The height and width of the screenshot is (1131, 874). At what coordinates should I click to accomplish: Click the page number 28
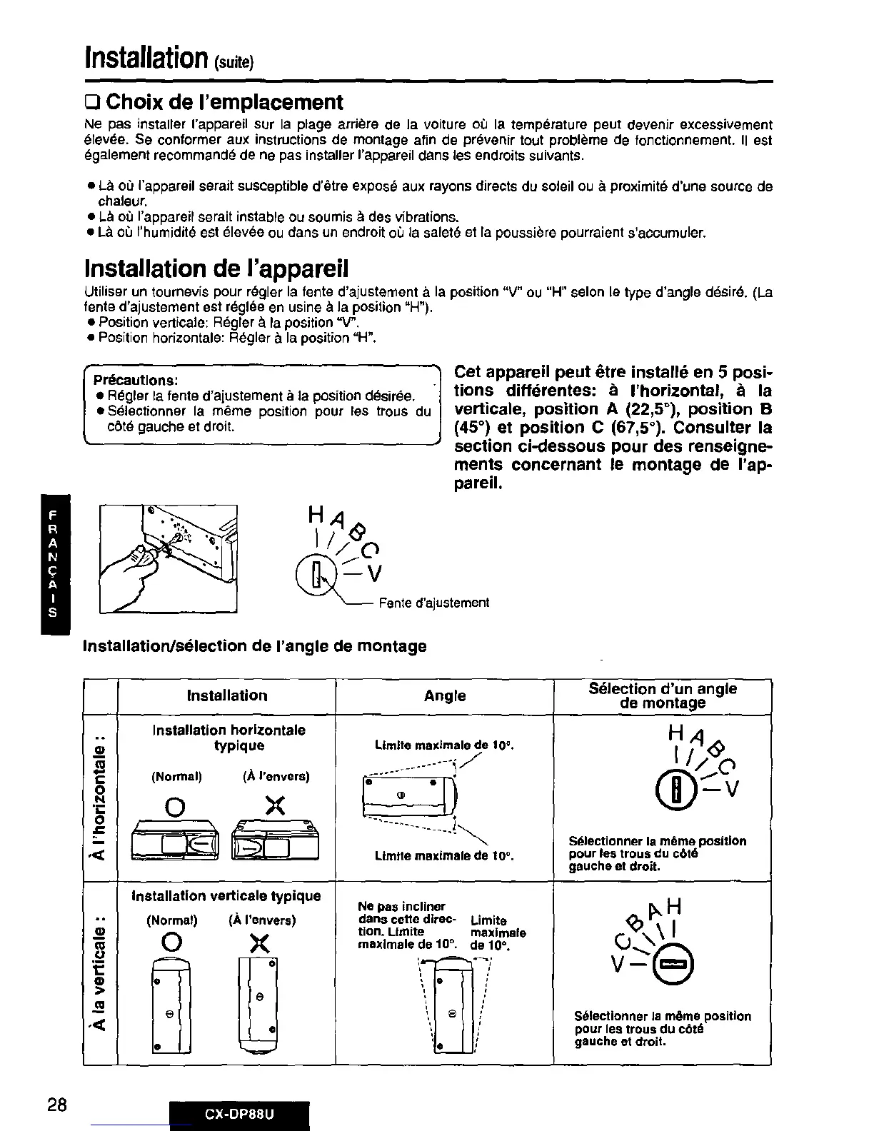pyautogui.click(x=57, y=1105)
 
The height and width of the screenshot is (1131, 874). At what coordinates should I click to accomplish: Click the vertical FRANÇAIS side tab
pyautogui.click(x=54, y=563)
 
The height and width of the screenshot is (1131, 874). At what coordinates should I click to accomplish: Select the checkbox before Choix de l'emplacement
pyautogui.click(x=92, y=102)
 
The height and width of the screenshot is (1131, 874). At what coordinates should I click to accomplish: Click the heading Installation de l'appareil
pyautogui.click(x=216, y=269)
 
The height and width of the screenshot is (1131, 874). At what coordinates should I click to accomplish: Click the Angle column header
pyautogui.click(x=444, y=695)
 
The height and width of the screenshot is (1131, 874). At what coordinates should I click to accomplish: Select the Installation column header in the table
pyautogui.click(x=227, y=695)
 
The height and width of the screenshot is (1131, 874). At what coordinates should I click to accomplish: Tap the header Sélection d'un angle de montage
pyautogui.click(x=662, y=695)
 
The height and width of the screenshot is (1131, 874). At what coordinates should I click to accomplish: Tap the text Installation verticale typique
pyautogui.click(x=226, y=895)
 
